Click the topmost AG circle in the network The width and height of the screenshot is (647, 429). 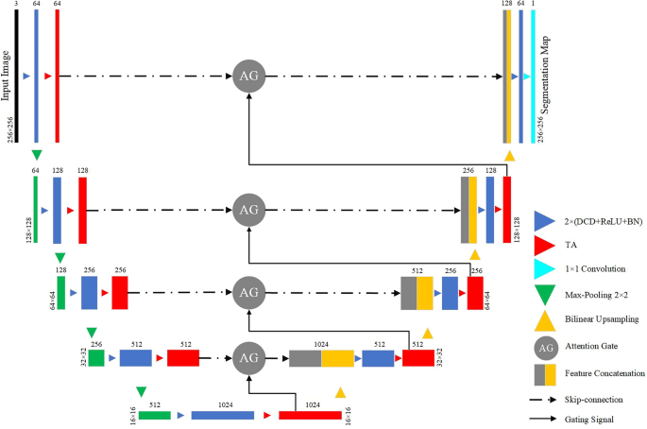247,74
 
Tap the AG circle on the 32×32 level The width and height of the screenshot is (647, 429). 247,358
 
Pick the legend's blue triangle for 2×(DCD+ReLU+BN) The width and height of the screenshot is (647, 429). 542,221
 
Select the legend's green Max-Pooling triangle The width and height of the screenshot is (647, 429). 542,294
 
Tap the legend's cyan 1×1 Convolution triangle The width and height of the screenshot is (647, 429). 542,269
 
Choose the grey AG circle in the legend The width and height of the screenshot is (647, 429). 542,348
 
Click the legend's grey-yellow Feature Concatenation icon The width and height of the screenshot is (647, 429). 542,374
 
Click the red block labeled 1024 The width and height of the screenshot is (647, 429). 310,414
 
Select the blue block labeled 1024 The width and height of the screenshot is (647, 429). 223,414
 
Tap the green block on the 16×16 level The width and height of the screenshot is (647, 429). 154,414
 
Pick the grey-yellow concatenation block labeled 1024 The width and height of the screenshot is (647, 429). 321,358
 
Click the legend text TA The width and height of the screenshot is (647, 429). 570,246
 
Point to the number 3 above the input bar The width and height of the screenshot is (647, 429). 16,6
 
